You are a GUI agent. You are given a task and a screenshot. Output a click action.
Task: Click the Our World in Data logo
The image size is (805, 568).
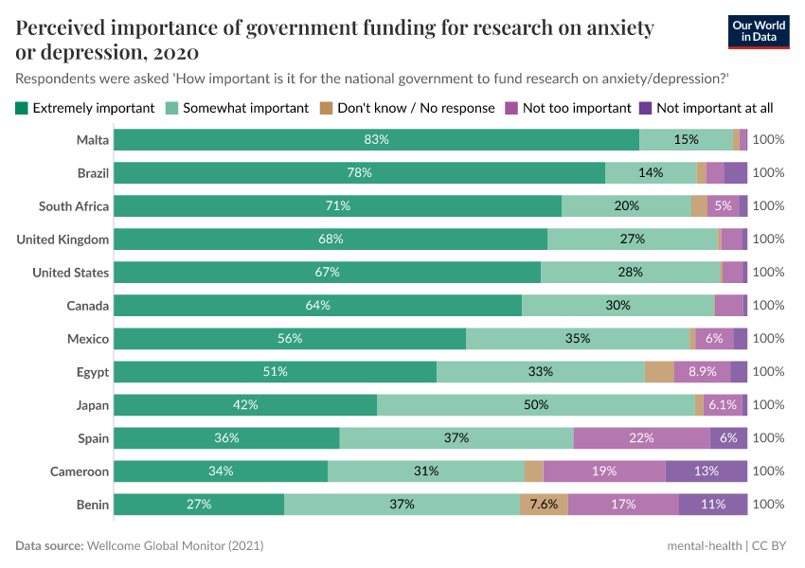758,31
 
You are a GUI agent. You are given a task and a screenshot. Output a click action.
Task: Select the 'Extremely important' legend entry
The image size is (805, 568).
85,108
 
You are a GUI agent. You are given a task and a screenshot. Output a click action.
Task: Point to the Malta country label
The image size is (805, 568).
93,140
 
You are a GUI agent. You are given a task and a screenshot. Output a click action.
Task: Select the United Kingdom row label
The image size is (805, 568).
63,240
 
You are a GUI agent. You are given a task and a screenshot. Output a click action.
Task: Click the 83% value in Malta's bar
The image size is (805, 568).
377,140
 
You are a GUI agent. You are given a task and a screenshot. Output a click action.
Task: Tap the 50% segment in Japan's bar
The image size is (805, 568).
536,405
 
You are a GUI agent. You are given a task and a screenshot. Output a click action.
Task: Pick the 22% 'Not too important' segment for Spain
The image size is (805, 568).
642,438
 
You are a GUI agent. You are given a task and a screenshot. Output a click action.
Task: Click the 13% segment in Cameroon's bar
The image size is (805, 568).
707,471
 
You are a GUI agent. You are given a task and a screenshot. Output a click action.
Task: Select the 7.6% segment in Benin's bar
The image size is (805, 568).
544,505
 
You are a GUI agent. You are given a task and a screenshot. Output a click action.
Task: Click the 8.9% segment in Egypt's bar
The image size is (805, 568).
702,372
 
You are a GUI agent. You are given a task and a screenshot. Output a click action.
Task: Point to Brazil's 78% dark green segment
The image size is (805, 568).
359,173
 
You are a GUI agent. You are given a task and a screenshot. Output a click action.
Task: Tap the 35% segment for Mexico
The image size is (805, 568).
578,339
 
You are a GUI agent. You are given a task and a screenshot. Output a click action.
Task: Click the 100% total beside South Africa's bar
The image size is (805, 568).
768,206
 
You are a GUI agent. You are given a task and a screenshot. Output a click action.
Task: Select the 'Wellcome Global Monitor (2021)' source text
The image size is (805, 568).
174,546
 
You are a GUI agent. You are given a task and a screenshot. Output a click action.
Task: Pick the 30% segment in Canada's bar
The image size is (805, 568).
617,306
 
